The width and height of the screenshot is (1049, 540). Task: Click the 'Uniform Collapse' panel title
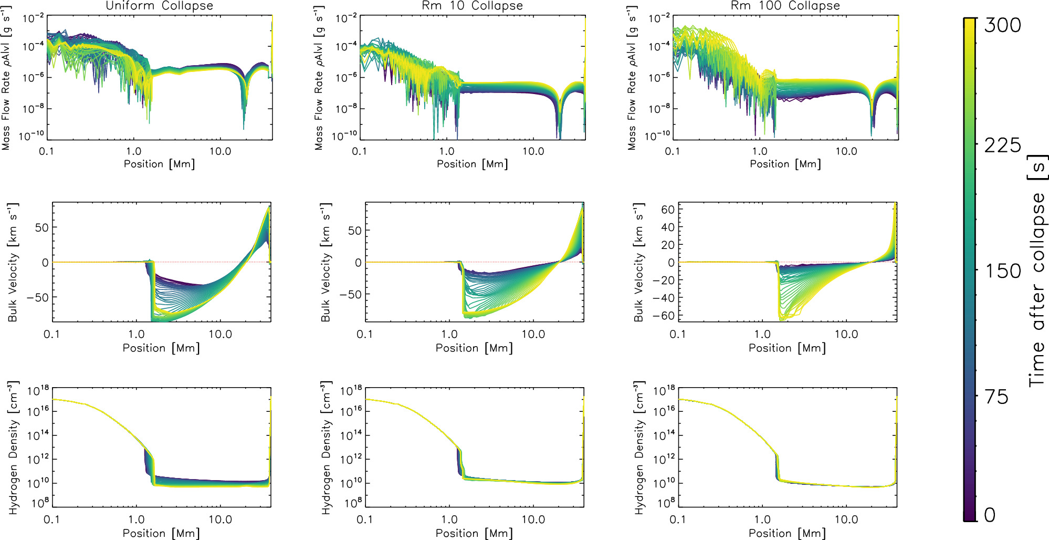point(159,6)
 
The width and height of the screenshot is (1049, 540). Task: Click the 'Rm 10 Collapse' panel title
point(472,6)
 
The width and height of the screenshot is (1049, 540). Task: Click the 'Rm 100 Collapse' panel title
point(785,6)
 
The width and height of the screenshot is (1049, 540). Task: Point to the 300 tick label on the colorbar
point(1002,25)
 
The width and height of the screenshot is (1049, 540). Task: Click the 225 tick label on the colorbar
point(1002,146)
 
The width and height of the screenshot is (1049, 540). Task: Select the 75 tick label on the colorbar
point(996,397)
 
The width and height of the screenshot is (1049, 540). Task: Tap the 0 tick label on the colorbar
point(990,515)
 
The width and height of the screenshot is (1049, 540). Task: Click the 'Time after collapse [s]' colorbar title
point(1037,271)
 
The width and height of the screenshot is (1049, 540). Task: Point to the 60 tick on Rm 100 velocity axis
point(668,210)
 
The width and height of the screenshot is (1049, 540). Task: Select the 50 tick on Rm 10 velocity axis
point(355,231)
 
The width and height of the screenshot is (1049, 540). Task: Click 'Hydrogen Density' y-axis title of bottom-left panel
point(13,448)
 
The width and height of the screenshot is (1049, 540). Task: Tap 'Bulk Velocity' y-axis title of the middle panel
point(326,262)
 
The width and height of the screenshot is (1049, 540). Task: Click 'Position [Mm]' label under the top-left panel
point(159,164)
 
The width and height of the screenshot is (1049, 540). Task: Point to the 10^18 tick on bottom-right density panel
point(664,391)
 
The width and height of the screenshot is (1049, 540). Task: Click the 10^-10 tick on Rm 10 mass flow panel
point(345,136)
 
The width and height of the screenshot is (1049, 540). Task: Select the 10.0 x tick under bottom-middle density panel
point(533,520)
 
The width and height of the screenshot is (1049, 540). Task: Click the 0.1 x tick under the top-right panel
point(672,151)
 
